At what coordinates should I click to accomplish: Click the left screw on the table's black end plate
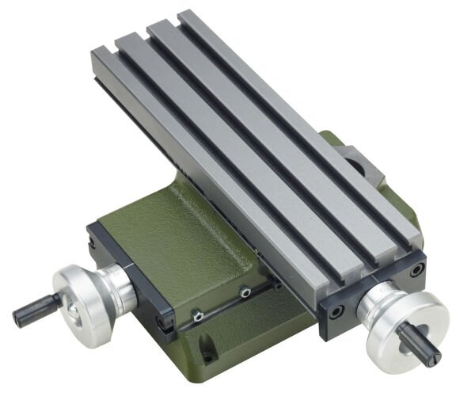333,310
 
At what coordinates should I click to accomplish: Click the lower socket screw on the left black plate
167,322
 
